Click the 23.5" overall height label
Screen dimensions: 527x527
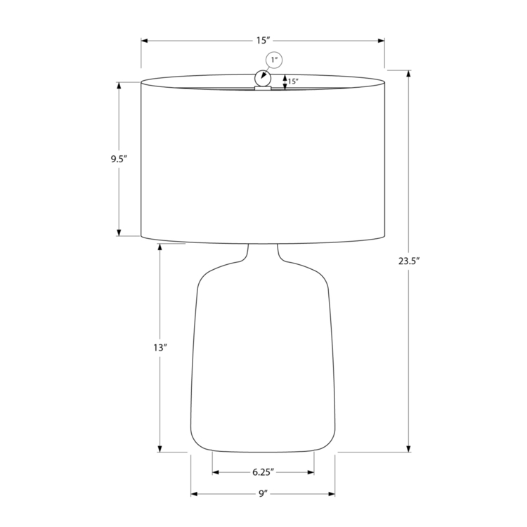click(x=410, y=261)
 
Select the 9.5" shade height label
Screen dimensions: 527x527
click(x=119, y=159)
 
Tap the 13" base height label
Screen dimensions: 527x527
click(x=160, y=348)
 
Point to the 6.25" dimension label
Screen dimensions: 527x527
click(x=263, y=472)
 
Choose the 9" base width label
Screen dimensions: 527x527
click(x=263, y=494)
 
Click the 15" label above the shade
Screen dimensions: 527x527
click(x=263, y=40)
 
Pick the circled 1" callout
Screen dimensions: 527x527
click(x=274, y=60)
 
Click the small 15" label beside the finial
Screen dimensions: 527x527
click(x=293, y=82)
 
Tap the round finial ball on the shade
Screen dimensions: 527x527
click(x=263, y=79)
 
